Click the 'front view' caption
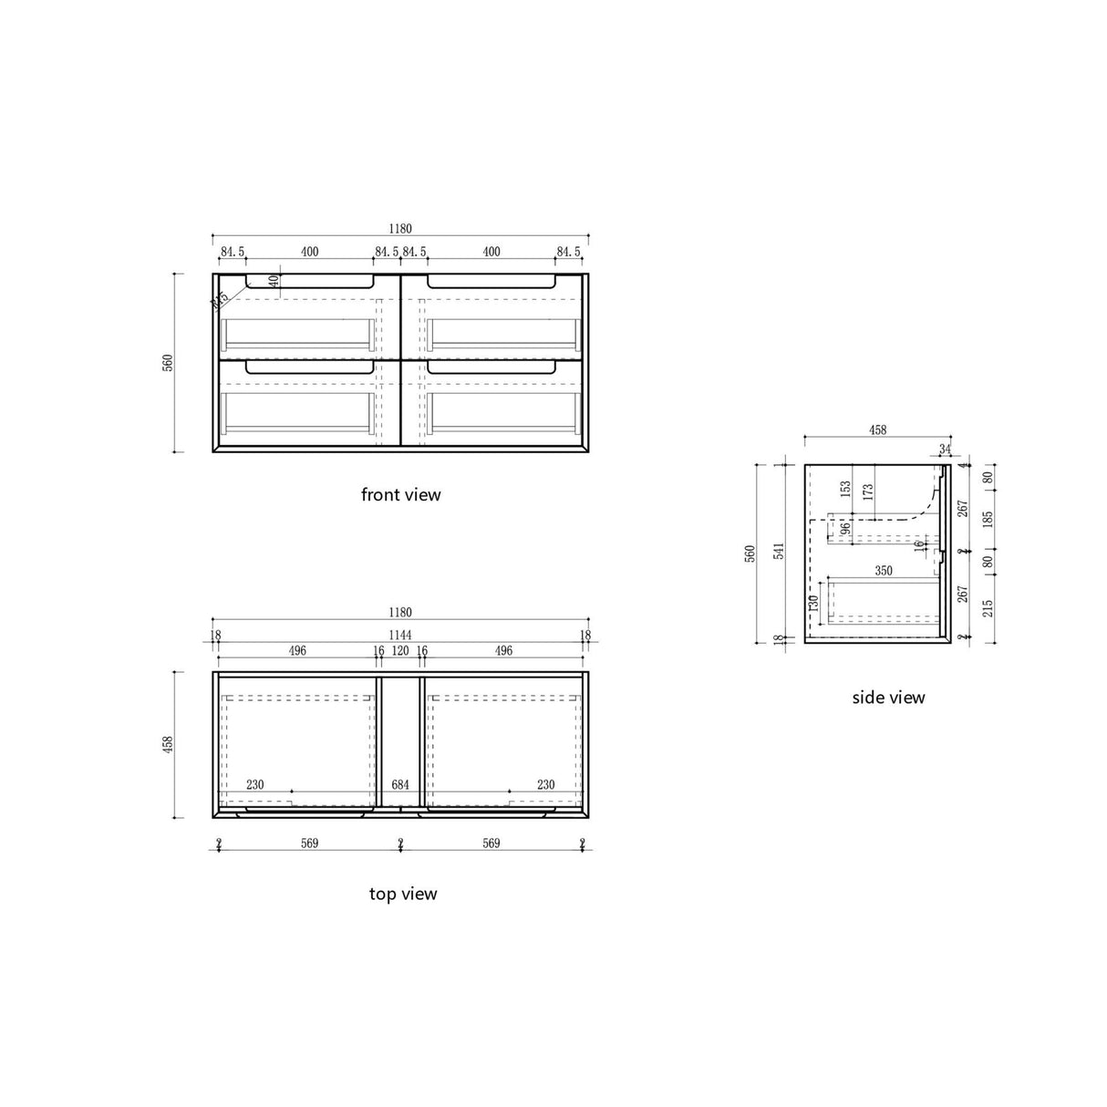point(400,495)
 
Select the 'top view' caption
point(402,894)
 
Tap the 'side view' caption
point(888,698)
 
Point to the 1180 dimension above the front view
point(400,230)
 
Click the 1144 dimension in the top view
point(400,635)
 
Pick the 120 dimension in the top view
point(400,651)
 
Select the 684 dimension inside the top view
point(400,784)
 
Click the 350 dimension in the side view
point(883,571)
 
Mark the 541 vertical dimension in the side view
point(778,553)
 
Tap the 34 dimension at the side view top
point(944,450)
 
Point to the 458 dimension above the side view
point(877,430)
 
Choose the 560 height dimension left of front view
point(167,363)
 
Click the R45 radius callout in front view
point(220,299)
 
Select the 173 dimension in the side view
point(868,491)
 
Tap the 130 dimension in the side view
point(812,603)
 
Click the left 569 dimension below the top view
point(309,843)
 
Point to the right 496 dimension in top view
point(503,651)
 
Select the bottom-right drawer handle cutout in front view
point(491,367)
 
